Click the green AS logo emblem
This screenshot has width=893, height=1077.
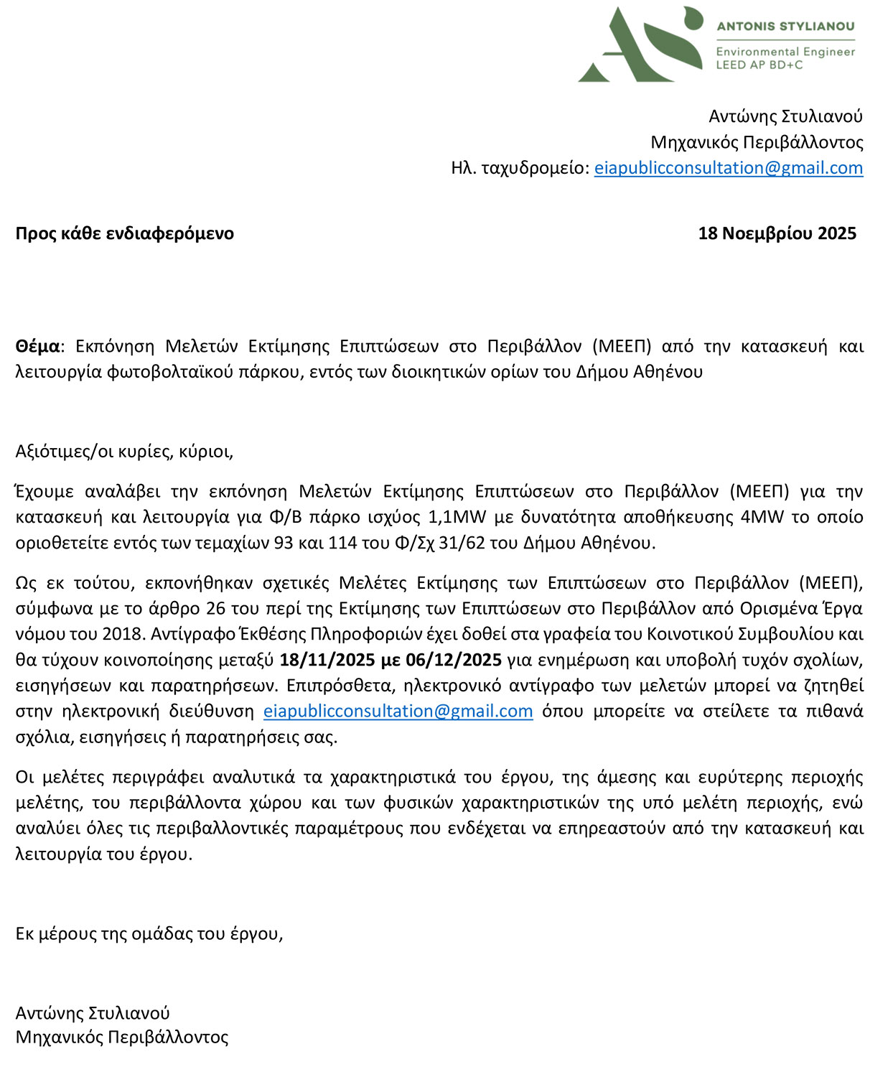[x=639, y=45]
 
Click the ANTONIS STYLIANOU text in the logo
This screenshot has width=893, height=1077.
[x=785, y=27]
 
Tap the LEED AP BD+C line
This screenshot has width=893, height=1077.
[x=759, y=65]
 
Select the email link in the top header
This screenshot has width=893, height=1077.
[x=728, y=168]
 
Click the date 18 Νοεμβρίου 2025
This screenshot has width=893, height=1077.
[x=777, y=233]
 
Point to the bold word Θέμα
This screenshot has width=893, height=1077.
[x=38, y=347]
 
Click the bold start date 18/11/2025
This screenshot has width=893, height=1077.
[x=327, y=660]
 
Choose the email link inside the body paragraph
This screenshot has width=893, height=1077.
[x=398, y=712]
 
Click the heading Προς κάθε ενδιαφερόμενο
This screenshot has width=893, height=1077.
[x=125, y=233]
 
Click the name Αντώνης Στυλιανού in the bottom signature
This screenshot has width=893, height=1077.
[x=93, y=1013]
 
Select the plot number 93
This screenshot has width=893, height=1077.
[x=284, y=543]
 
